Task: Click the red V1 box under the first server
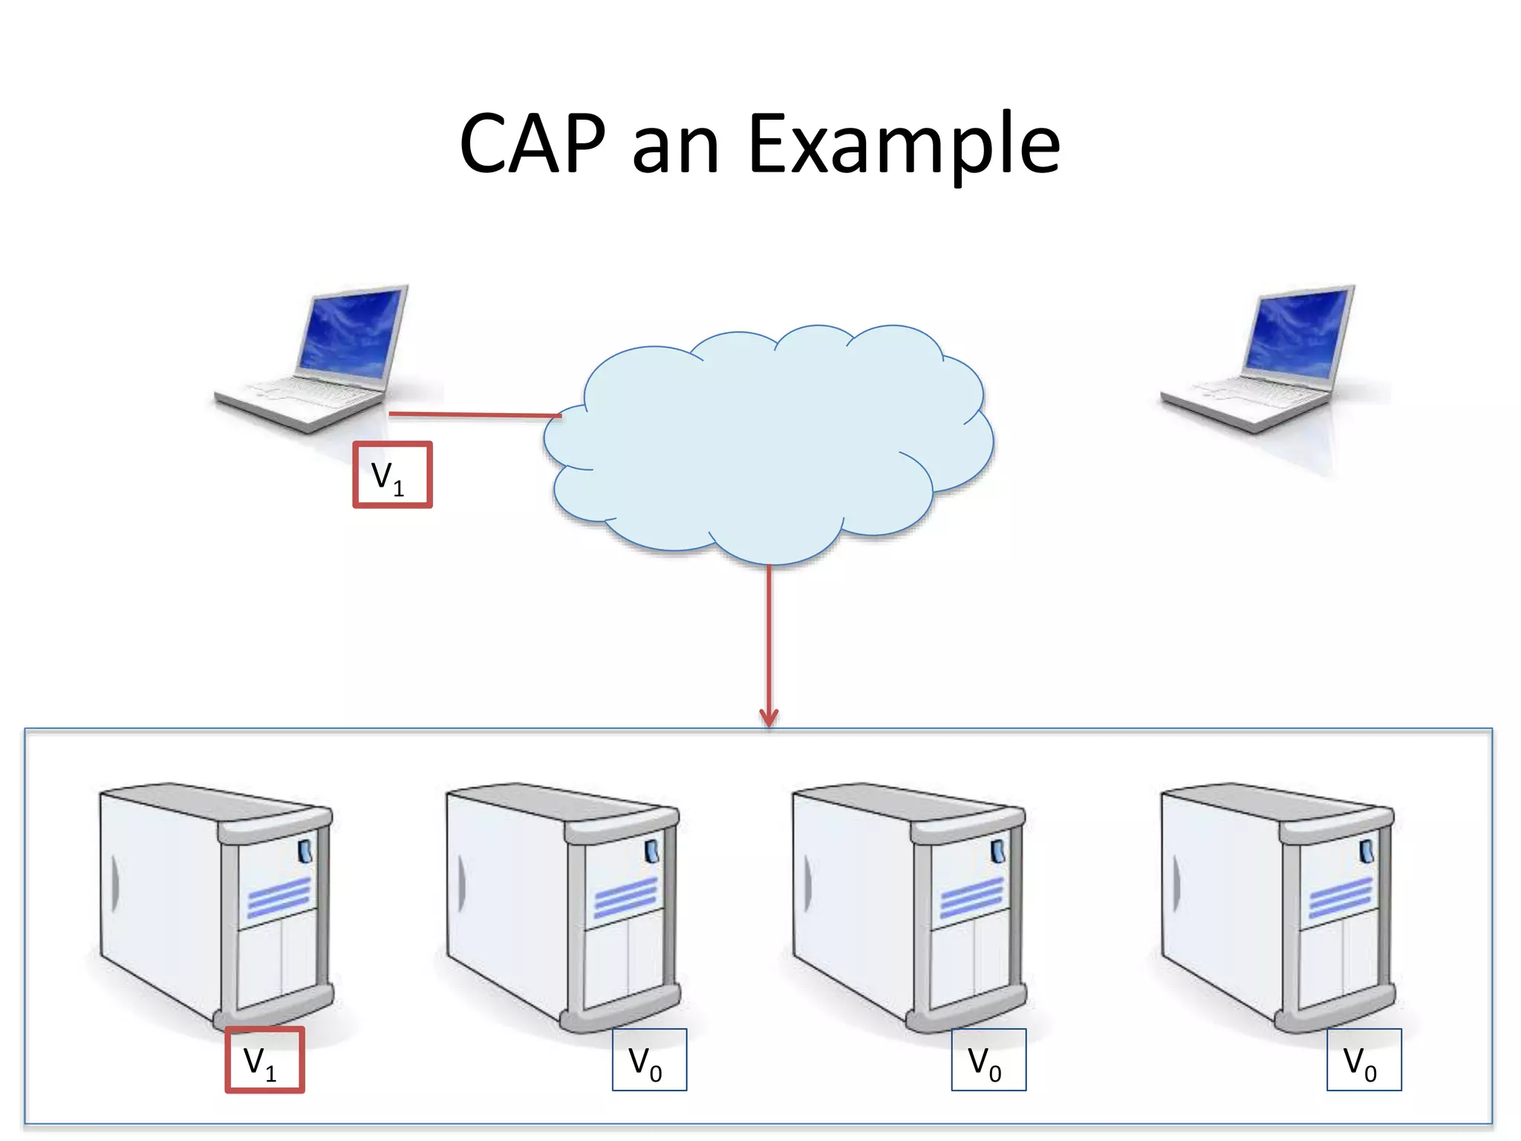[x=264, y=1060]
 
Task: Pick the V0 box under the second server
[x=649, y=1060]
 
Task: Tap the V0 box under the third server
[x=989, y=1060]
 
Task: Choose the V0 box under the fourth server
[x=1364, y=1060]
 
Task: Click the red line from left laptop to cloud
[x=475, y=415]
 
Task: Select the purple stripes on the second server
[x=625, y=897]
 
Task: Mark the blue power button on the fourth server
[x=1366, y=851]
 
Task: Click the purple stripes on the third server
[x=971, y=897]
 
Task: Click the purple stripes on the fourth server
[x=1340, y=897]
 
